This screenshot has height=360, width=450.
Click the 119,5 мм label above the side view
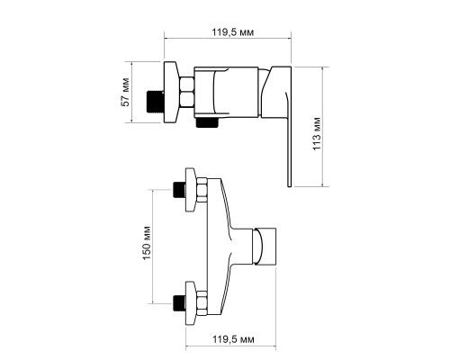tap(233, 32)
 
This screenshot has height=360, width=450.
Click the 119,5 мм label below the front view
tap(233, 339)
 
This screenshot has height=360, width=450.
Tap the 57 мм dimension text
tap(125, 92)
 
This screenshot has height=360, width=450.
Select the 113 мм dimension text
tap(317, 134)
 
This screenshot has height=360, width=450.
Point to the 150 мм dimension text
tap(147, 243)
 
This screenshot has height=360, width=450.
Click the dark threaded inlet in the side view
tap(155, 102)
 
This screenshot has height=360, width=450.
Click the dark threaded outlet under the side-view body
tap(207, 122)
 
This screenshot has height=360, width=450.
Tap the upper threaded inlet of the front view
tap(179, 190)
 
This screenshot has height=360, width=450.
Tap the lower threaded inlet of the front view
tap(179, 303)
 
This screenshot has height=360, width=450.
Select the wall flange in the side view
tap(171, 92)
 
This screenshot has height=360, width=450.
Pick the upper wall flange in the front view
tap(191, 190)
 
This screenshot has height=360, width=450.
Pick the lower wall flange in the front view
tap(191, 303)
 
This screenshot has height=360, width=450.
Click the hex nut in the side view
tap(187, 92)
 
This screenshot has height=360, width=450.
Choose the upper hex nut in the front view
tap(202, 190)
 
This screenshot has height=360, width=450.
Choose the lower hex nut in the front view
tap(202, 303)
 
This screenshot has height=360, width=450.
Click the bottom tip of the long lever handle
tap(290, 186)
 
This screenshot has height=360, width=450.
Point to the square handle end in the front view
tap(265, 247)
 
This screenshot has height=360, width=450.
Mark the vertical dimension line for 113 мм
tap(322, 126)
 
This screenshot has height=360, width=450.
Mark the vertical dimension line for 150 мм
tap(153, 247)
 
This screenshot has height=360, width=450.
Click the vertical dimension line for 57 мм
tap(131, 92)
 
